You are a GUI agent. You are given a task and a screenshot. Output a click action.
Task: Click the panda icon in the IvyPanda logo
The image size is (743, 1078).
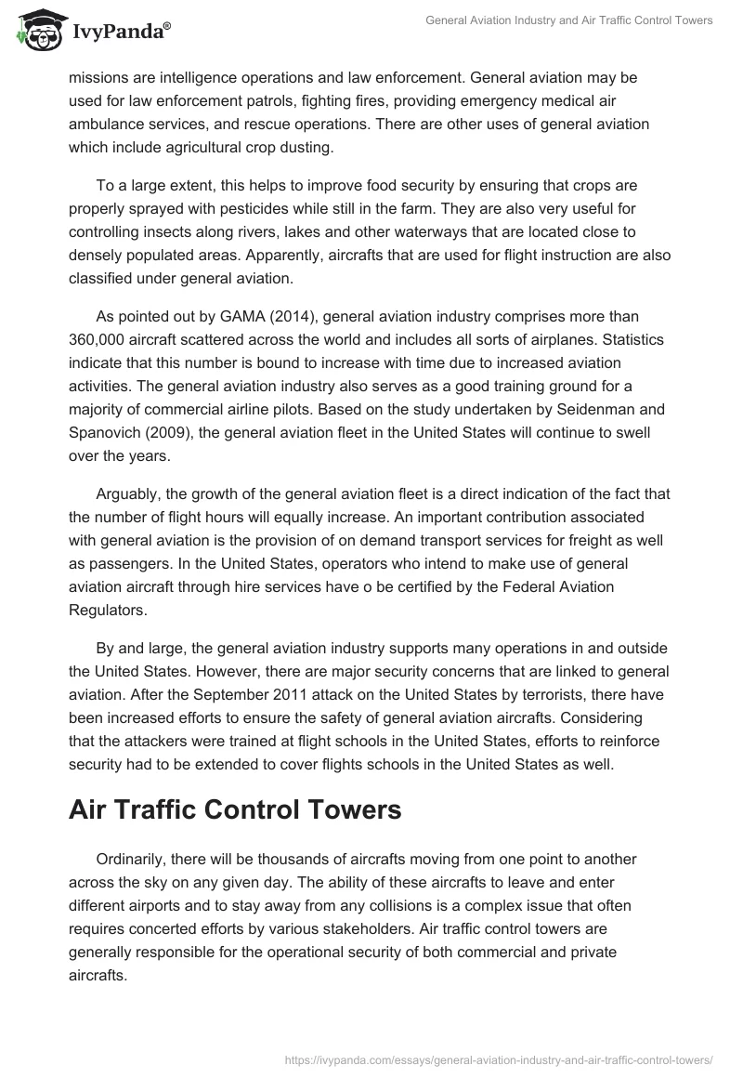tap(36, 32)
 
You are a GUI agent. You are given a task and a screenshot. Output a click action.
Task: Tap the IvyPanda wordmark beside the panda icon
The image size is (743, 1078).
tap(118, 33)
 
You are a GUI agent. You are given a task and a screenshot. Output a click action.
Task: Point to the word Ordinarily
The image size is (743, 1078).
tap(135, 860)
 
